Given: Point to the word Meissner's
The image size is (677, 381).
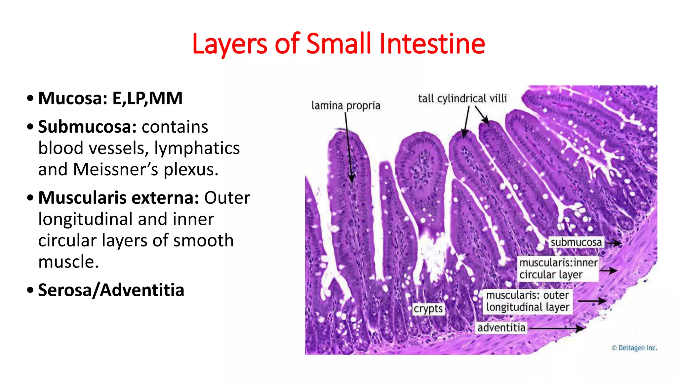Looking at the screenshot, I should pyautogui.click(x=116, y=169).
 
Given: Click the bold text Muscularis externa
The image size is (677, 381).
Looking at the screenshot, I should pyautogui.click(x=118, y=198).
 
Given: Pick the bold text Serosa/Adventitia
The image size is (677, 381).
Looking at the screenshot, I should pyautogui.click(x=111, y=290).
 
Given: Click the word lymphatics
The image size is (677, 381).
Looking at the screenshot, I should pyautogui.click(x=197, y=148).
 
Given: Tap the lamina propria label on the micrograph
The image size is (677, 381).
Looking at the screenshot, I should pyautogui.click(x=346, y=106).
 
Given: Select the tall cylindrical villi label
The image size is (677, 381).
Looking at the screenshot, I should pyautogui.click(x=462, y=98).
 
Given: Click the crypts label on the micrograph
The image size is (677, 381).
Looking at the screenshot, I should pyautogui.click(x=428, y=309).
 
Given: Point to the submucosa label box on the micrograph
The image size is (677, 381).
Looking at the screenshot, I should pyautogui.click(x=576, y=242).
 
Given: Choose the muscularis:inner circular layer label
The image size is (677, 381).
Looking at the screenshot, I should pyautogui.click(x=558, y=269).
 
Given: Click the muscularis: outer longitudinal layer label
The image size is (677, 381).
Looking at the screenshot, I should pyautogui.click(x=528, y=301).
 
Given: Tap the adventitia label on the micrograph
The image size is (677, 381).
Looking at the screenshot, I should pyautogui.click(x=501, y=328).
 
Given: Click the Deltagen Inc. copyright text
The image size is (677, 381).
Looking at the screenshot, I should pyautogui.click(x=634, y=348).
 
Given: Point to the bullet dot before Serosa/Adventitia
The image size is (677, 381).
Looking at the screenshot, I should pyautogui.click(x=30, y=290).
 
